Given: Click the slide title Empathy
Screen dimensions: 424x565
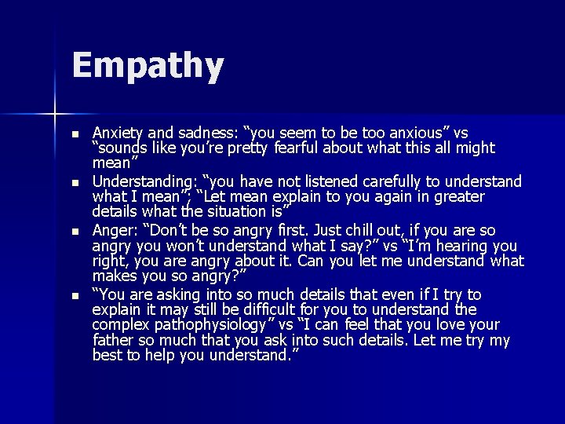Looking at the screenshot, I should tap(148, 66).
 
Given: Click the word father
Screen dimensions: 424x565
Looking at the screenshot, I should tap(116, 341).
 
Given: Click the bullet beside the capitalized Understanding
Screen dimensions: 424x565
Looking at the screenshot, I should tap(75, 183).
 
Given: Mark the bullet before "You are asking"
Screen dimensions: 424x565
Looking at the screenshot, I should tap(75, 296).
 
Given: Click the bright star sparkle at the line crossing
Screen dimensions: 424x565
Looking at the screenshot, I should tap(54, 115).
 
